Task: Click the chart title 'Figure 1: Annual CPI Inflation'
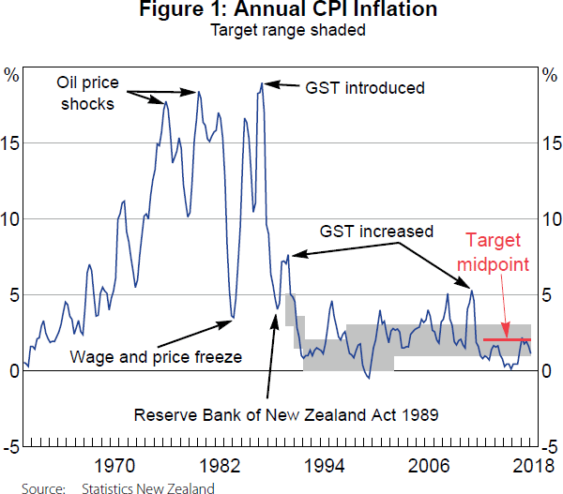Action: click(x=281, y=12)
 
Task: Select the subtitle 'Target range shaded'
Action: click(x=281, y=31)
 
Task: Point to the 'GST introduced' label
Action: click(x=365, y=88)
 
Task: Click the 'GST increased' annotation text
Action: click(x=376, y=231)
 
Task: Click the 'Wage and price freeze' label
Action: click(x=157, y=356)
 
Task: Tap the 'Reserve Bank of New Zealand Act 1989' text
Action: click(x=287, y=414)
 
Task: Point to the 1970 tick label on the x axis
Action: click(x=114, y=465)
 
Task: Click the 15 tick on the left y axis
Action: click(x=12, y=143)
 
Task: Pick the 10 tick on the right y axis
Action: click(x=553, y=219)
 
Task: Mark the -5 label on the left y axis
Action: click(x=11, y=446)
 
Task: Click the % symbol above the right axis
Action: click(x=550, y=73)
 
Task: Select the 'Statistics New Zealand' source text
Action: click(x=147, y=487)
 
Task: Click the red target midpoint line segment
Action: click(x=507, y=338)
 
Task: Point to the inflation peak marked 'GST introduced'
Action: click(x=262, y=83)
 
